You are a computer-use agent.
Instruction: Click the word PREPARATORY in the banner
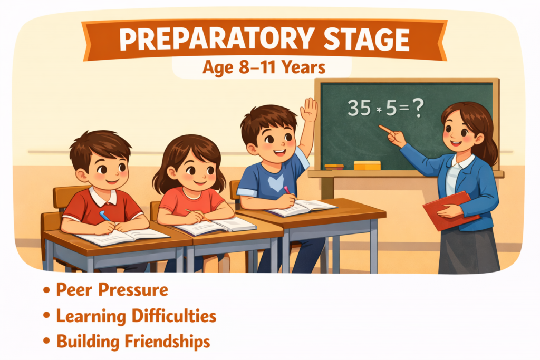pos(217,40)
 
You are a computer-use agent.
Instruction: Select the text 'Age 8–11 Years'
pos(264,67)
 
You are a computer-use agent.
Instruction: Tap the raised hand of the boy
pos(309,110)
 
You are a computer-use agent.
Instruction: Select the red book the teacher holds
pos(451,211)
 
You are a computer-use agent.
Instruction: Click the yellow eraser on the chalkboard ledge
pos(367,166)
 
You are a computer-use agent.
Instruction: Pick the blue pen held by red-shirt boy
pos(105,216)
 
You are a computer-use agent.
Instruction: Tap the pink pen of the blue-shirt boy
pos(287,190)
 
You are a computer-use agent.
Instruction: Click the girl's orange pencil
pos(198,215)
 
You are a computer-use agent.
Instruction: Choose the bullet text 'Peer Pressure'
pos(112,290)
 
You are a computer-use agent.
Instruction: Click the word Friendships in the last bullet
pos(167,342)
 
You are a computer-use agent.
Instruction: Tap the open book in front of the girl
pos(215,226)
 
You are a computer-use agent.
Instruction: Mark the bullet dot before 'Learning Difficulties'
pos(46,316)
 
